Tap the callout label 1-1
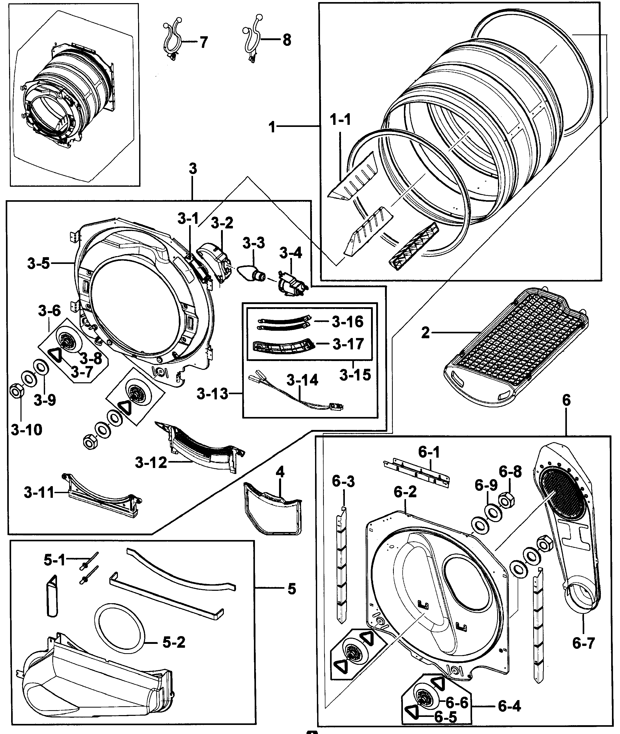point(340,120)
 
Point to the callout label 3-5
point(38,263)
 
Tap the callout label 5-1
point(54,560)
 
